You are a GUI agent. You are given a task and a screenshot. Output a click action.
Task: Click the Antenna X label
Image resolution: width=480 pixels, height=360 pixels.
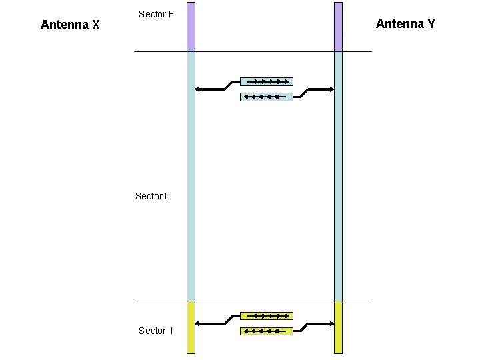[x=70, y=25]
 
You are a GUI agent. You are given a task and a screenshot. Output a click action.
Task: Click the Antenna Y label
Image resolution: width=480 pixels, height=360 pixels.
[x=405, y=24]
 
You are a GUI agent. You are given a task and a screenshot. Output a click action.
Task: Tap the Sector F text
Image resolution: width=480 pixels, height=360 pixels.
[x=156, y=13]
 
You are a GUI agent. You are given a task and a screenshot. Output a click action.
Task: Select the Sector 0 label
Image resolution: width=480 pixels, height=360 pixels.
[x=153, y=196]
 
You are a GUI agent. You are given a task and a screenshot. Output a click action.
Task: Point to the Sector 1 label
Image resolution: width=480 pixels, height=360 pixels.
[x=156, y=331]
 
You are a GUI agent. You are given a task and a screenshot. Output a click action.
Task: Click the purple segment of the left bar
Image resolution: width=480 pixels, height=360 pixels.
[x=191, y=27]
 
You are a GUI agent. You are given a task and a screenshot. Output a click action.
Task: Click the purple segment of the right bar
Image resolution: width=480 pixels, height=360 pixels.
[x=338, y=27]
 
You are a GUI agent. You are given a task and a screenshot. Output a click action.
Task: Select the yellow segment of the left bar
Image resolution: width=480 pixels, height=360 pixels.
[x=191, y=327]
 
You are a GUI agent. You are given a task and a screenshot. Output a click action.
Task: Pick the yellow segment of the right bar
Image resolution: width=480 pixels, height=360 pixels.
[x=338, y=327]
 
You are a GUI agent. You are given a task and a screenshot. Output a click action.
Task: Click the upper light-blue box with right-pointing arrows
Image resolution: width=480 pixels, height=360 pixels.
[x=266, y=82]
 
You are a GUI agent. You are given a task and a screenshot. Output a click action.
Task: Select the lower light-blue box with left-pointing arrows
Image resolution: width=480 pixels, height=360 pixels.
[x=266, y=97]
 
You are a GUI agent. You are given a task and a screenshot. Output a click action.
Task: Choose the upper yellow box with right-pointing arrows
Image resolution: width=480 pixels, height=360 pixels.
[x=266, y=316]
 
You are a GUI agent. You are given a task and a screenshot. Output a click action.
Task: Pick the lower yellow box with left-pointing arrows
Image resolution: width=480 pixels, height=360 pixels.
[x=266, y=331]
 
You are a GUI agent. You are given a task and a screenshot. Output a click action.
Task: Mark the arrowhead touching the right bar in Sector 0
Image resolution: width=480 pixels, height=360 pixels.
[x=331, y=89]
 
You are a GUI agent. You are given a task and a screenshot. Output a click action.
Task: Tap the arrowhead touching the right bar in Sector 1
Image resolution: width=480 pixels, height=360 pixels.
[x=331, y=323]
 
